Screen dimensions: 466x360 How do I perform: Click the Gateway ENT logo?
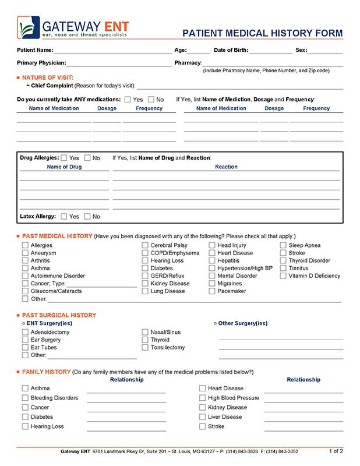[x=73, y=27]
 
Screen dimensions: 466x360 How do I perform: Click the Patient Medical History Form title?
[x=263, y=33]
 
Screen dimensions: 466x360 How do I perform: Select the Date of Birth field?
[x=270, y=51]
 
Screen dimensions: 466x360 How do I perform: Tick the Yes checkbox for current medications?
[x=128, y=100]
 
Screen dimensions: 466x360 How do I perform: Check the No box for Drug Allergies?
[x=87, y=158]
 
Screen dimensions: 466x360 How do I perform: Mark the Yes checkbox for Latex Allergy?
[x=63, y=217]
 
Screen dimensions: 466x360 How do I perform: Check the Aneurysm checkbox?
[x=25, y=253]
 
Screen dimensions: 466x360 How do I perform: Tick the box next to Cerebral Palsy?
[x=145, y=246]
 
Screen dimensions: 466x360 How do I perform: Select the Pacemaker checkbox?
[x=212, y=291]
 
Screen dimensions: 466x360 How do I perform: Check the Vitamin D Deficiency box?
[x=283, y=276]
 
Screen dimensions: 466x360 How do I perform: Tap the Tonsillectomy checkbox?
[x=145, y=348]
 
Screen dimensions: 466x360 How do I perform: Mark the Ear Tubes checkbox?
[x=25, y=348]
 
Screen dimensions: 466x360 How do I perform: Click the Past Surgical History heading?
[x=59, y=315]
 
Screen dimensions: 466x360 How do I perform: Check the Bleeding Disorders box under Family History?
[x=25, y=398]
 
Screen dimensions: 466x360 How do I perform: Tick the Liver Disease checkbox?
[x=203, y=417]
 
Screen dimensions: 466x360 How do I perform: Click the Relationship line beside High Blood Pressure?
[x=303, y=400]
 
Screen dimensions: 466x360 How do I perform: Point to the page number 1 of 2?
[x=336, y=451]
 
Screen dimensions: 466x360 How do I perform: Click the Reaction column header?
[x=226, y=167]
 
